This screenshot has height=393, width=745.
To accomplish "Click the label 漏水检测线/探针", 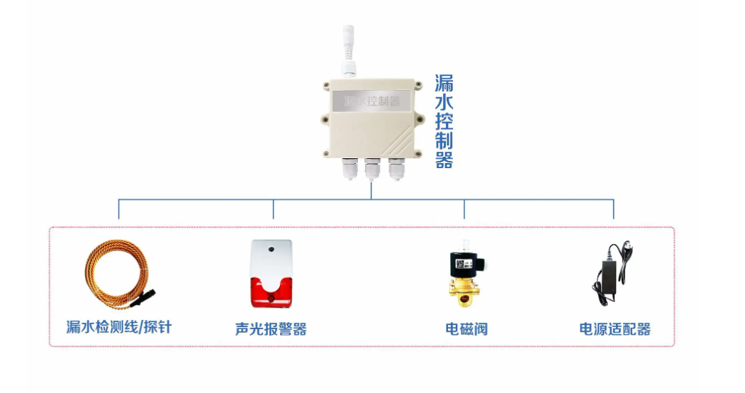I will coord(118,326).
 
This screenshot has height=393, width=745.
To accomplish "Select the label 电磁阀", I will coord(466,329).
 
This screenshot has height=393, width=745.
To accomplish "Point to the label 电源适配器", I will coord(615,329).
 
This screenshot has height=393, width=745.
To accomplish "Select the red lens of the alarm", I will coord(270,292).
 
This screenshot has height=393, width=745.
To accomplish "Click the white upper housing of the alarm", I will coord(270,258).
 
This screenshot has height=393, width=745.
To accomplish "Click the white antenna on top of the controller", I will coord(348,46).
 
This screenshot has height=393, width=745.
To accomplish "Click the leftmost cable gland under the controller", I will coord(349,169).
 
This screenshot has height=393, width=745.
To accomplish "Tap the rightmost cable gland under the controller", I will coord(395,169).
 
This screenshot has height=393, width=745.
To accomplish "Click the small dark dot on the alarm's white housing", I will coord(270,250).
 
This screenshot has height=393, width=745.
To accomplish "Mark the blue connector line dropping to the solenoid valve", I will coord(464,209).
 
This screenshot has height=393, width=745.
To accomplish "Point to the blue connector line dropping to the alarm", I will coord(274,209).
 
